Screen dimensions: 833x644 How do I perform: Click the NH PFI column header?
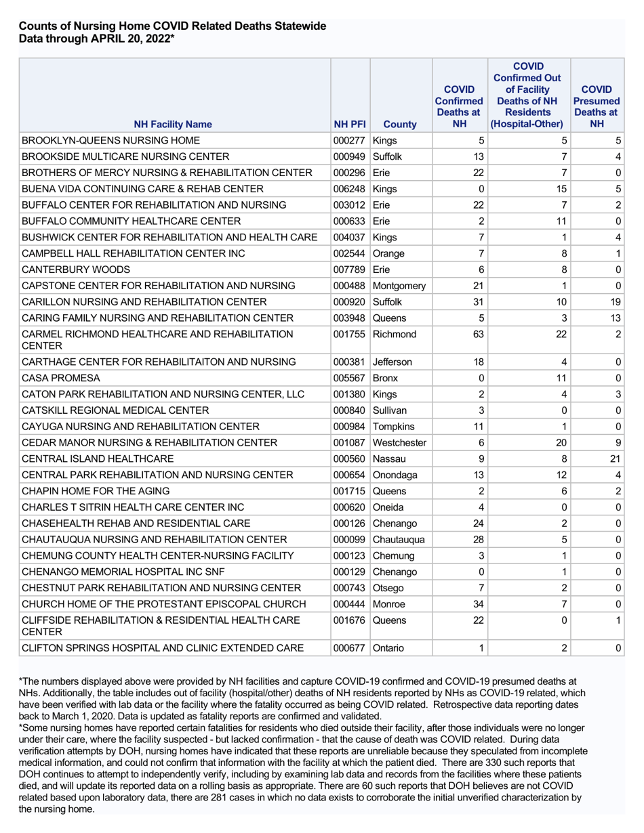[350, 125]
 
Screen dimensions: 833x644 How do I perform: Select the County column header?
[399, 125]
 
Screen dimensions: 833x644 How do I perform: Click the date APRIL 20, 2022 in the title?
[131, 39]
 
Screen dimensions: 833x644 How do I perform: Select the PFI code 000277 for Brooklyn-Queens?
[350, 141]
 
